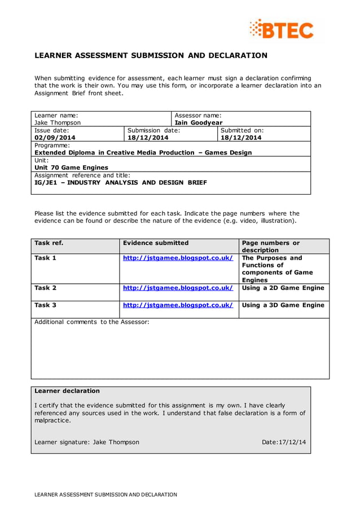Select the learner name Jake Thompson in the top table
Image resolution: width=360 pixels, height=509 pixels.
pos(58,122)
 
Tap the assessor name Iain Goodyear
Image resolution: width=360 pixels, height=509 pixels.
pos(199,122)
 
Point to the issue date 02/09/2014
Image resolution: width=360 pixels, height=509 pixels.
pos(55,137)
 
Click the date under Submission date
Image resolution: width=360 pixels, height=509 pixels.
pos(148,137)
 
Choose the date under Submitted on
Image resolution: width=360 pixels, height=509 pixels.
pos(241,137)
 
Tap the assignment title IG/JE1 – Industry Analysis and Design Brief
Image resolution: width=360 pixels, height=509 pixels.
pos(121,182)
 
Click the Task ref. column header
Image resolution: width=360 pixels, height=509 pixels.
pos(49,243)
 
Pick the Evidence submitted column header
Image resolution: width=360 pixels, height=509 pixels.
pos(156,243)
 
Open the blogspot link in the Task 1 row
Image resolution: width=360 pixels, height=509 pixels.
pos(178,258)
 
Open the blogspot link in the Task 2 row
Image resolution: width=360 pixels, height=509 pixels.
pos(178,288)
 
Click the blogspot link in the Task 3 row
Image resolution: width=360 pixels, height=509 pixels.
pos(178,305)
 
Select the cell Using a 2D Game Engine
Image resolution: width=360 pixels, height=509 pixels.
pos(283,288)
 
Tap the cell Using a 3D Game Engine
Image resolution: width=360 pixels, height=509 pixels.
pos(283,305)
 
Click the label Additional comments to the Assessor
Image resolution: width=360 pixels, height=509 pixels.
pos(92,322)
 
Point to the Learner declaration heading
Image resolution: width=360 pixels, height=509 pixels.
pos(67,390)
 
